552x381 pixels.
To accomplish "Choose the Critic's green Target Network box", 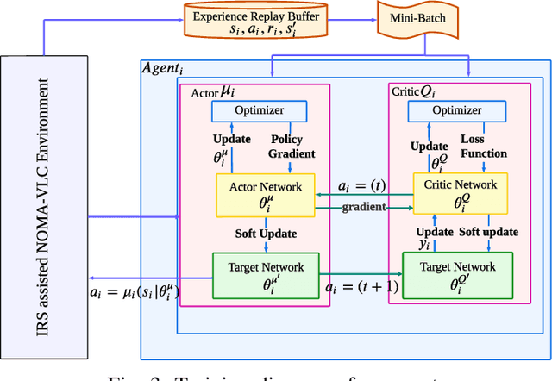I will point(457,275).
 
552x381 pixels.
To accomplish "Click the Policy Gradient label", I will point(293,147).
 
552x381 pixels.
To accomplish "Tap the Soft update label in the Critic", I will point(488,233).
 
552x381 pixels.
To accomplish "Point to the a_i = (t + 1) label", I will point(361,286).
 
